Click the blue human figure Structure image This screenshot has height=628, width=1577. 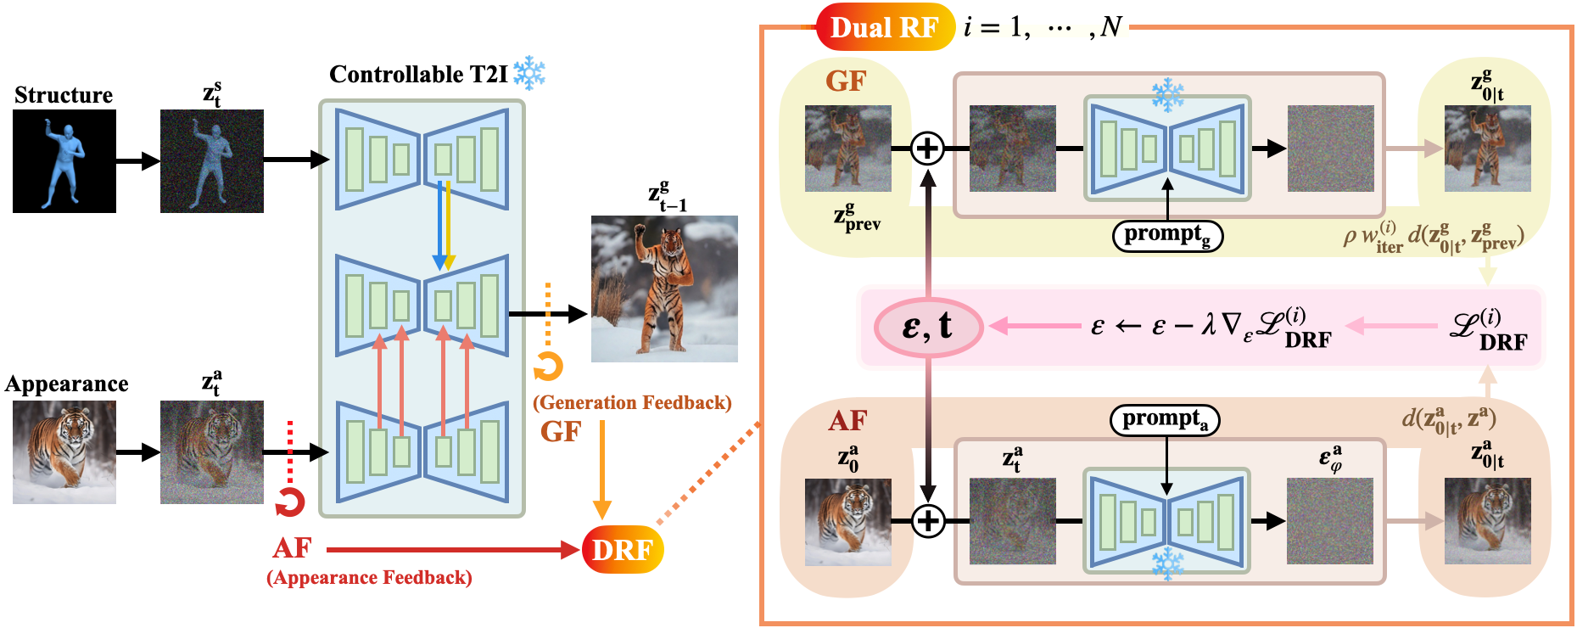pyautogui.click(x=64, y=160)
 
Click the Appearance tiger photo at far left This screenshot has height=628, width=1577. pyautogui.click(x=64, y=452)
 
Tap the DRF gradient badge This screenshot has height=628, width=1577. pyautogui.click(x=623, y=550)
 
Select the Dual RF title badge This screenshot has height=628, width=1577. pyautogui.click(x=885, y=27)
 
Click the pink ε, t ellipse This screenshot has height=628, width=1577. pyautogui.click(x=929, y=326)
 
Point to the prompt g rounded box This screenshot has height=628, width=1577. pyautogui.click(x=1167, y=235)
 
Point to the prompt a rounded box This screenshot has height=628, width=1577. pyautogui.click(x=1165, y=419)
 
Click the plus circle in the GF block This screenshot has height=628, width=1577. pyautogui.click(x=928, y=149)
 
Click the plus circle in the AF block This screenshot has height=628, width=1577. pyautogui.click(x=928, y=520)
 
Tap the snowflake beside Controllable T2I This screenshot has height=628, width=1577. pyautogui.click(x=530, y=74)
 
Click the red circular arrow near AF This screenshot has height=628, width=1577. pyautogui.click(x=290, y=502)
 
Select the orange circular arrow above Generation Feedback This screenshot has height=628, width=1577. pyautogui.click(x=548, y=367)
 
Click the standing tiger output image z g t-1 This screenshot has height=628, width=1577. pyautogui.click(x=664, y=289)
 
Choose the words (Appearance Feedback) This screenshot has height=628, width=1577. pyautogui.click(x=369, y=578)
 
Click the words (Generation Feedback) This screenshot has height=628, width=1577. pyautogui.click(x=632, y=402)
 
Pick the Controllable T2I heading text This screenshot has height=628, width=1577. pyautogui.click(x=418, y=75)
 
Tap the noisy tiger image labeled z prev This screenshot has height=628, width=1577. pyautogui.click(x=847, y=149)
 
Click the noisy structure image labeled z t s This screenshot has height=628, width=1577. pyautogui.click(x=212, y=160)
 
